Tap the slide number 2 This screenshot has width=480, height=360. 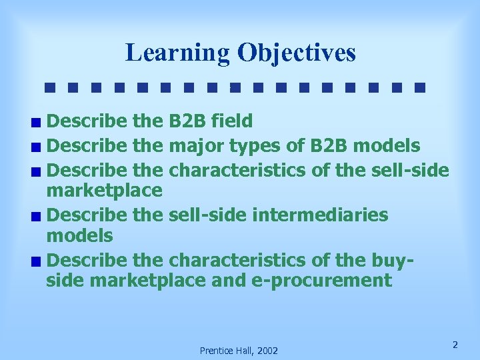[455, 345]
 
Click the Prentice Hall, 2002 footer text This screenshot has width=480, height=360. [239, 351]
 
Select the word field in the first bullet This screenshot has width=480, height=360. [231, 121]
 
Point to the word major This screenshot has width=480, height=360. [197, 145]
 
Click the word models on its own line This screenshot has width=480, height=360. [80, 235]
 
